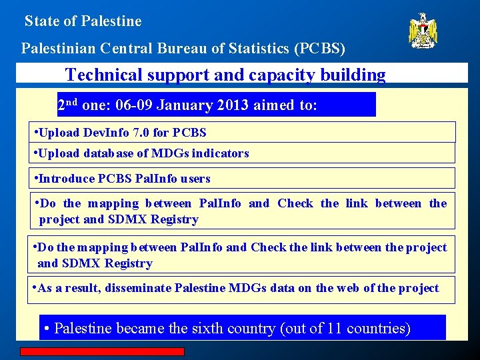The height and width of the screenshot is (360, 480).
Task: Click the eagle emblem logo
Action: (423, 31)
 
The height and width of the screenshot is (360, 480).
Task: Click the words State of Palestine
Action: (83, 21)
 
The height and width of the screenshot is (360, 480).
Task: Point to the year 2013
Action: (261, 105)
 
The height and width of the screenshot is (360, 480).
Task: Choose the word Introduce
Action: (67, 179)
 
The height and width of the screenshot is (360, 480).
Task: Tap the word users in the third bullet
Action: (195, 179)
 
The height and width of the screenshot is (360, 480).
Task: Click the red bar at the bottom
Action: (101, 351)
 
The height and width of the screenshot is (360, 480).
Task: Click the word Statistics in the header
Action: (255, 49)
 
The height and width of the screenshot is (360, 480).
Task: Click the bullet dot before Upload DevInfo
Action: (35, 131)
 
